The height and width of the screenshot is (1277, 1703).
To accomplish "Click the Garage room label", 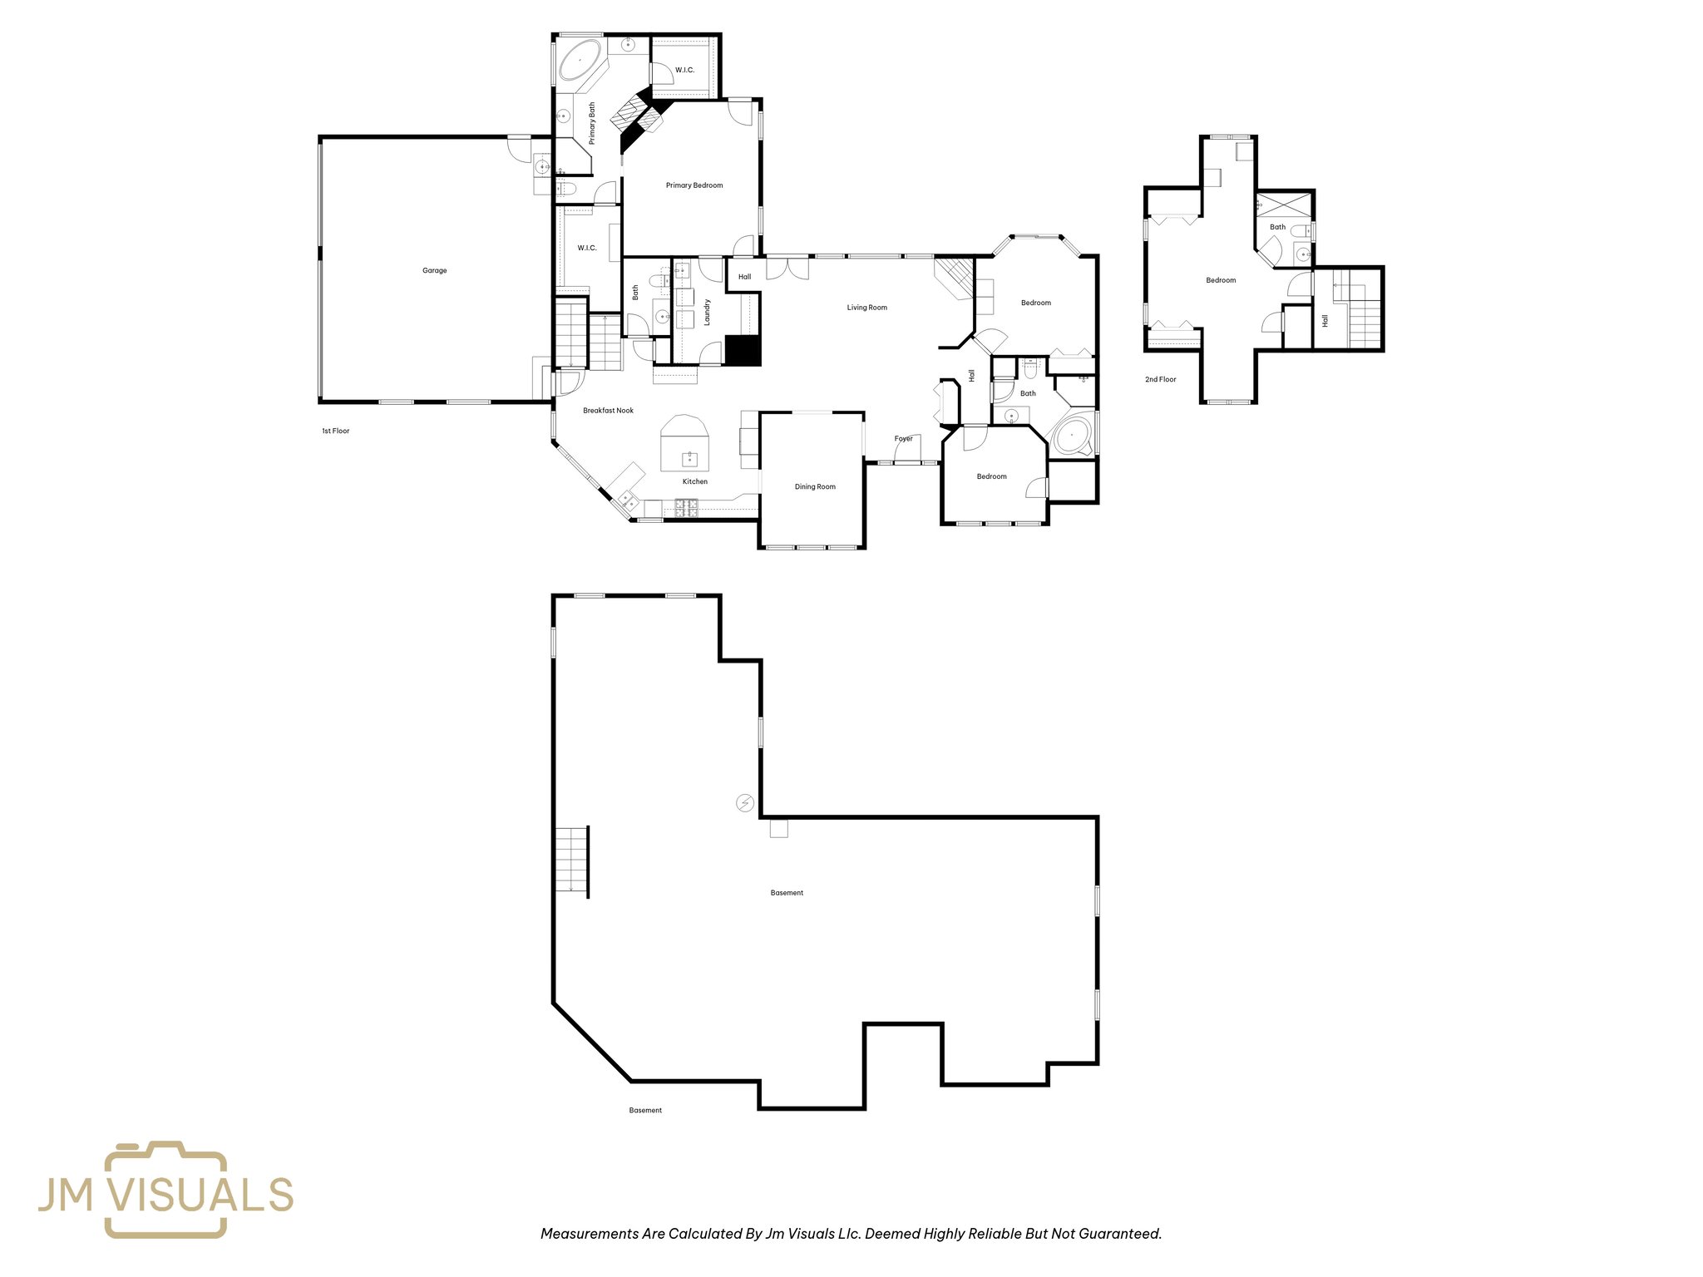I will tap(434, 270).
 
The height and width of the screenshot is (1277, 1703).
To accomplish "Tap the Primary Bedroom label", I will tap(694, 185).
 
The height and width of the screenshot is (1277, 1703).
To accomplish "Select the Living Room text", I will tap(866, 308).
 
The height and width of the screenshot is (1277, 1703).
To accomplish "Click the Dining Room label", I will tap(815, 487).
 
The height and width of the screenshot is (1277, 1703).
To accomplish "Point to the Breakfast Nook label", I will tap(608, 411).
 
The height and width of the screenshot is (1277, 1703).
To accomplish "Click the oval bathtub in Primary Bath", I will tap(580, 60).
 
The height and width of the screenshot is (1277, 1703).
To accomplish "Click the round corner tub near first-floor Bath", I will tap(1072, 435).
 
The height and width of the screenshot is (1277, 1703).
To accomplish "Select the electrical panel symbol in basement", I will tap(745, 803).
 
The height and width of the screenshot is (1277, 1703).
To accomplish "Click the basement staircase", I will tap(572, 862).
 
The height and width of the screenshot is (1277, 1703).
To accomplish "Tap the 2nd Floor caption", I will tap(1160, 379).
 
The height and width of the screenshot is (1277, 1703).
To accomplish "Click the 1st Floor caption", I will tap(336, 431).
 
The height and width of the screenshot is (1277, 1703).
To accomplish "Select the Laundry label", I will tap(708, 313).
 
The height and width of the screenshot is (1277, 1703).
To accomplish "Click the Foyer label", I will tap(903, 439).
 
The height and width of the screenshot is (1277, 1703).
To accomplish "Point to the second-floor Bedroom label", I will tap(1221, 280).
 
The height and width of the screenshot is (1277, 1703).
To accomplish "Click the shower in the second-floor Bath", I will tap(1283, 204).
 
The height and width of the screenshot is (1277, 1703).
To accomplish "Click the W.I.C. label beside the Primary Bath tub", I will tap(684, 70).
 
